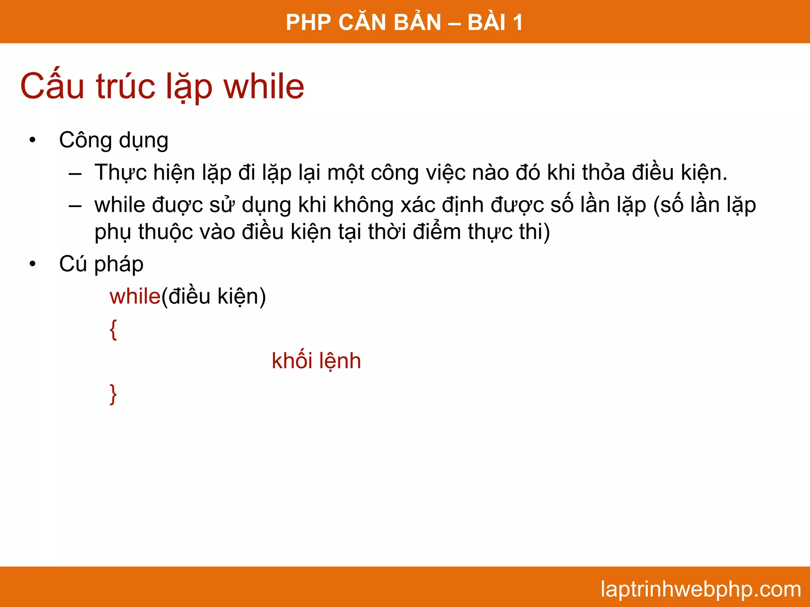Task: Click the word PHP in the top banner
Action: tap(308, 22)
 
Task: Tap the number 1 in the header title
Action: tap(517, 22)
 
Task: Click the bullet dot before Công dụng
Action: tap(32, 140)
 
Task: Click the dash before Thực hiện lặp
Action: tap(75, 173)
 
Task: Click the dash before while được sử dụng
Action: tap(75, 206)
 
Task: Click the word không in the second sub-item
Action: tap(363, 205)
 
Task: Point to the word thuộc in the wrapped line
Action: tap(165, 232)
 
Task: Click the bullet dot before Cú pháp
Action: tap(32, 264)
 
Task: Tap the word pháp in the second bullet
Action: tap(119, 264)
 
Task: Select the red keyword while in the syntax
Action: tap(135, 296)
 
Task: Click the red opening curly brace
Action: tap(114, 330)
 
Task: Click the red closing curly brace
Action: tap(114, 394)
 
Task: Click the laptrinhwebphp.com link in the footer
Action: tap(700, 589)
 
